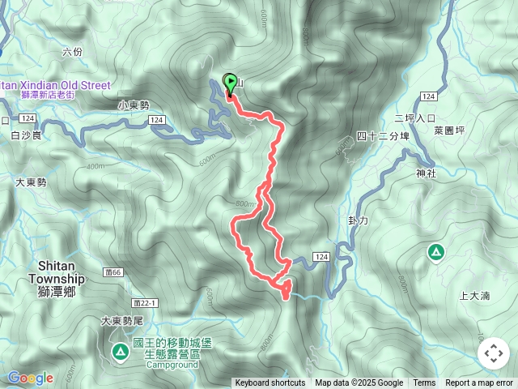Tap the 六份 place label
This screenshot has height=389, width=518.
click(72, 52)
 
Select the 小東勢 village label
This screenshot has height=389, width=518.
click(134, 105)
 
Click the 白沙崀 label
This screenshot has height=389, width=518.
click(26, 136)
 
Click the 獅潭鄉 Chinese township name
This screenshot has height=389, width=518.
click(57, 291)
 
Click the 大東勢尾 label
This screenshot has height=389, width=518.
click(121, 321)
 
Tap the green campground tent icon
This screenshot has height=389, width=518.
click(120, 351)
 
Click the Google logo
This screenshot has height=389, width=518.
click(30, 378)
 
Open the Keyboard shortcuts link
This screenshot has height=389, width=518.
click(270, 383)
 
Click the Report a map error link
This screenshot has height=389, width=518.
click(479, 383)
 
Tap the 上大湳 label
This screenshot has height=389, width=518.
click(474, 296)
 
